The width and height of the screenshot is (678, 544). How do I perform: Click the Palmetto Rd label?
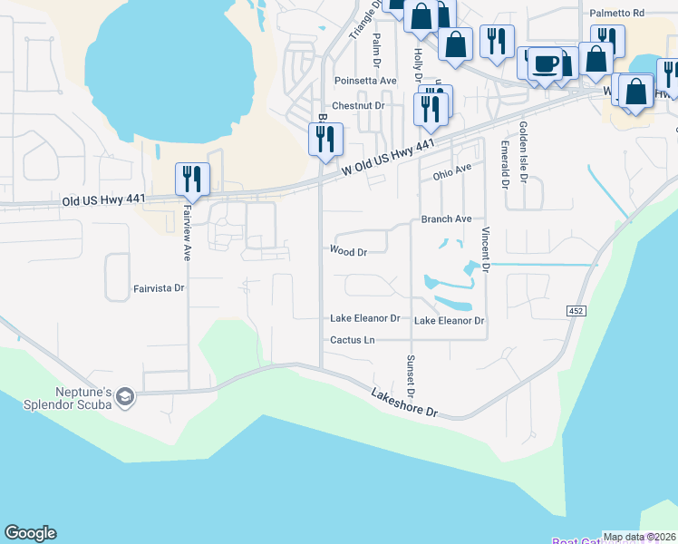[x=616, y=14]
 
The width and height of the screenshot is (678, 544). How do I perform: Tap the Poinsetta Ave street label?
[x=365, y=81]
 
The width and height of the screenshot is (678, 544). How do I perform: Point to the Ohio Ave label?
[x=451, y=170]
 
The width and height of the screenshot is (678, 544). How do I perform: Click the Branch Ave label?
[x=446, y=219]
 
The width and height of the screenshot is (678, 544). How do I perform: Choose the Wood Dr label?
[x=348, y=252]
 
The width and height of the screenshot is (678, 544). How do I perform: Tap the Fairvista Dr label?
[x=159, y=288]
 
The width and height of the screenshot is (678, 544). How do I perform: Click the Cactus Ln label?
[x=352, y=340]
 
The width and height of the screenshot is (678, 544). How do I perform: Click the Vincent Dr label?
[x=486, y=250]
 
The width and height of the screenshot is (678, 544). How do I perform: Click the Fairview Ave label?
[x=189, y=228]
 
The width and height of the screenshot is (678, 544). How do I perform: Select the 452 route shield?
[x=578, y=311]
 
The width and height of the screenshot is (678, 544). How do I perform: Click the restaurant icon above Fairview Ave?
[x=192, y=178]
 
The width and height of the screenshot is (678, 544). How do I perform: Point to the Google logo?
[x=30, y=533]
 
